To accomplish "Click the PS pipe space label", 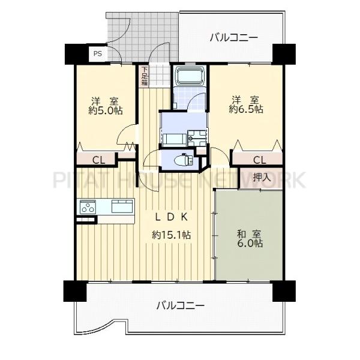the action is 97,54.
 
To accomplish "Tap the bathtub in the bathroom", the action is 190,76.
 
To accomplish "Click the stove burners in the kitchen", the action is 88,206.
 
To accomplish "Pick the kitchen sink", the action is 122,206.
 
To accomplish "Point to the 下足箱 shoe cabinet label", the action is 145,76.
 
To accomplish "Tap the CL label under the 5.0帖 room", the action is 99,160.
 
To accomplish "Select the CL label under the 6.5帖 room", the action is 260,160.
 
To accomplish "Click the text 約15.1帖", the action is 171,235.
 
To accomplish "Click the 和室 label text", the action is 248,235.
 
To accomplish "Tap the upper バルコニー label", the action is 234,38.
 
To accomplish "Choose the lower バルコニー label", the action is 181,306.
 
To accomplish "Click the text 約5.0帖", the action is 106,110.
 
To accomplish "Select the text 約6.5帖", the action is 246,109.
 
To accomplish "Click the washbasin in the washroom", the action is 197,138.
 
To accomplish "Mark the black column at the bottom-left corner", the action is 75,291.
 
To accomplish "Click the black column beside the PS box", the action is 77,54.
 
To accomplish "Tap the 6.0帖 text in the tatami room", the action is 250,243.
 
